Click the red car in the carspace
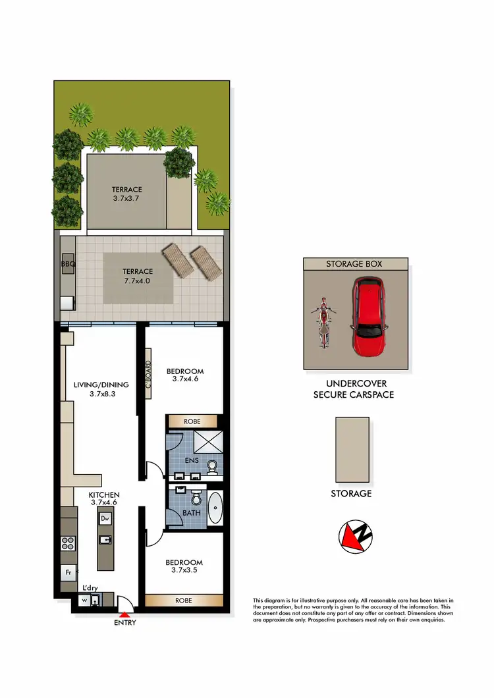pyautogui.click(x=368, y=317)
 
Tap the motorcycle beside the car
pyautogui.click(x=323, y=323)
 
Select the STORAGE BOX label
pyautogui.click(x=354, y=263)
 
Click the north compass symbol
pyautogui.click(x=354, y=535)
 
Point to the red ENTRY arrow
pyautogui.click(x=125, y=614)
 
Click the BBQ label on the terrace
pyautogui.click(x=69, y=264)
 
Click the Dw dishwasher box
pyautogui.click(x=105, y=519)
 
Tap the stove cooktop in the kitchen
pyautogui.click(x=67, y=544)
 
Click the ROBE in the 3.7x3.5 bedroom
pyautogui.click(x=184, y=601)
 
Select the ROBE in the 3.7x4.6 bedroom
pyautogui.click(x=192, y=420)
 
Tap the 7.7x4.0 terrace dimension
pyautogui.click(x=137, y=281)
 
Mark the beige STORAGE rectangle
pyautogui.click(x=352, y=450)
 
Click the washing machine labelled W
pyautogui.click(x=84, y=600)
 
